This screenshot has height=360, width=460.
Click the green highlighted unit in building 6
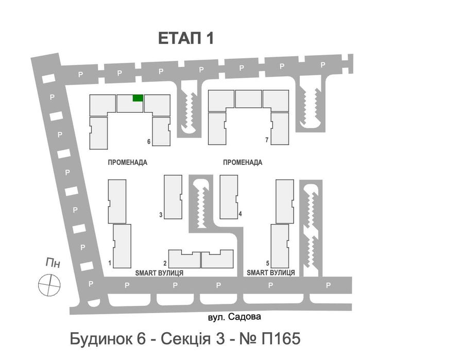tap(138, 98)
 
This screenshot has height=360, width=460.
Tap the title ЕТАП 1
tap(185, 39)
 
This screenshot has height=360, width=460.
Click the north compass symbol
tap(50, 285)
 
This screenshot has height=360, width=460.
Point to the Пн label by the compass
tap(53, 264)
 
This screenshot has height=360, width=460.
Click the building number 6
tap(148, 142)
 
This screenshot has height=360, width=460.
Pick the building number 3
tap(161, 215)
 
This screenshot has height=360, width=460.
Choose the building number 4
tap(241, 214)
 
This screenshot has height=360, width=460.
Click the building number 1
tap(110, 263)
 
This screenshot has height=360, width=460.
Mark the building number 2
tap(165, 263)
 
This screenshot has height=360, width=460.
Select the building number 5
tap(267, 263)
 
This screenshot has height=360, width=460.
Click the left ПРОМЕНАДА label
tap(128, 162)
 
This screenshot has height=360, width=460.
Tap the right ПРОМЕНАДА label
tap(243, 162)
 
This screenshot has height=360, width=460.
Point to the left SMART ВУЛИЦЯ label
tap(159, 272)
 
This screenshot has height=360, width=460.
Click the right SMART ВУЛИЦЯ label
tap(270, 272)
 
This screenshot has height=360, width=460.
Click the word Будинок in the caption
tap(100, 339)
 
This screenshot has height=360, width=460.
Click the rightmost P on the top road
tap(323, 65)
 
